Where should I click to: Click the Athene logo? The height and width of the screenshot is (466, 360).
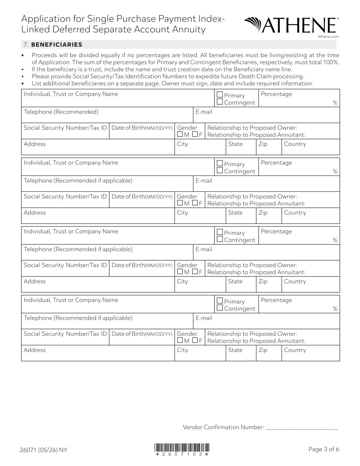click(291, 25)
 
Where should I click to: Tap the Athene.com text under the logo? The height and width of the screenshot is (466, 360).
click(328, 37)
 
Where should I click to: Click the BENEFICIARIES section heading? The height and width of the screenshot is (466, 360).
click(56, 45)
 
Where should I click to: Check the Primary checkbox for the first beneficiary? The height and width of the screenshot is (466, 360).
click(220, 95)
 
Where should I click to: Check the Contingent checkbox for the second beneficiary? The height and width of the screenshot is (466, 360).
click(220, 170)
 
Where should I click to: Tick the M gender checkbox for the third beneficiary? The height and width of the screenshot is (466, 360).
click(180, 272)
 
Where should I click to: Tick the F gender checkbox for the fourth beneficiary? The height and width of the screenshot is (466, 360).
click(195, 340)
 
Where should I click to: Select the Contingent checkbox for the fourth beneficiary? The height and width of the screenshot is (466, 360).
click(220, 308)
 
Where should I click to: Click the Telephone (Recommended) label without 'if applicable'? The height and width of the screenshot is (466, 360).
click(61, 112)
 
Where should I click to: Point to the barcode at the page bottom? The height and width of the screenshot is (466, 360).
click(182, 448)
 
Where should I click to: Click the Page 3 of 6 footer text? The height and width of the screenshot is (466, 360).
click(323, 449)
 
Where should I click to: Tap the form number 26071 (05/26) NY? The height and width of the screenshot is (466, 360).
click(43, 450)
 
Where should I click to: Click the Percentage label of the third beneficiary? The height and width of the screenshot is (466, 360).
click(276, 231)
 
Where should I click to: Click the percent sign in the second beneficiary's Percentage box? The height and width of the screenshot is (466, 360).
click(335, 171)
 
